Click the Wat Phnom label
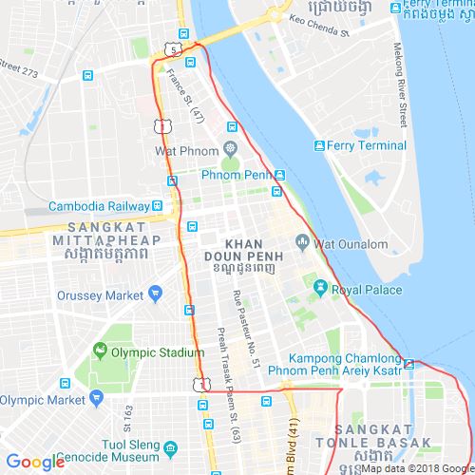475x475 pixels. tap(187, 151)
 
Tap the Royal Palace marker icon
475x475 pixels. tap(319, 289)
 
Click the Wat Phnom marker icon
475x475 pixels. tap(230, 150)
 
